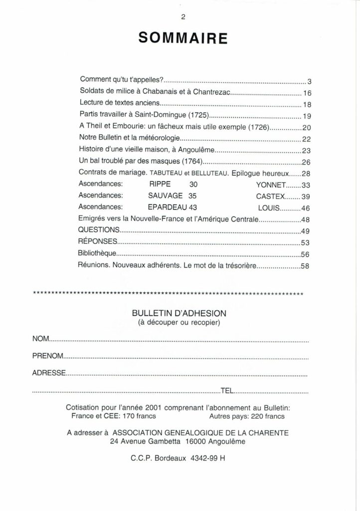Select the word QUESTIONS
tap(99, 230)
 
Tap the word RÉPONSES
tap(98, 242)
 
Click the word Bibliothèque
tap(97, 254)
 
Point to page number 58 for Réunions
tap(306, 266)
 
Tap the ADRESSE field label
tap(49, 373)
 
